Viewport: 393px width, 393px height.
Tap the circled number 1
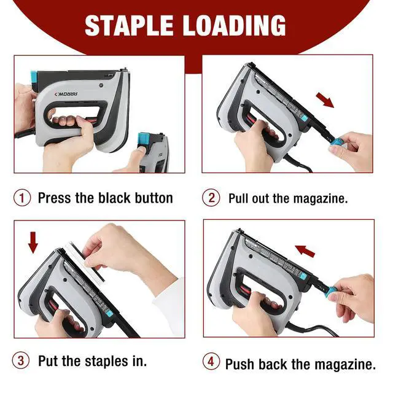point(22,198)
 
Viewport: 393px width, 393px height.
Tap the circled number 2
point(211,198)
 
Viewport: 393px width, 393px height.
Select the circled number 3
point(21,360)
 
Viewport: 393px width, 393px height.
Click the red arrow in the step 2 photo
point(325,99)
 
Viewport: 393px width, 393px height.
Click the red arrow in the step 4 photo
point(305,251)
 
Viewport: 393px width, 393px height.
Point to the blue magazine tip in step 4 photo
point(332,290)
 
